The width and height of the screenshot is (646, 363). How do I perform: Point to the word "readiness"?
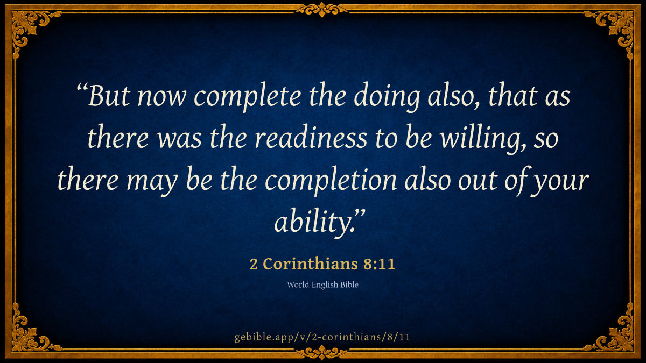click(311, 137)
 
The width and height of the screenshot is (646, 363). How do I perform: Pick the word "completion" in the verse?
click(331, 181)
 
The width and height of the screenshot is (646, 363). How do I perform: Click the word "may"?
click(152, 183)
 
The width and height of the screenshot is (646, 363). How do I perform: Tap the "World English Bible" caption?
click(322, 284)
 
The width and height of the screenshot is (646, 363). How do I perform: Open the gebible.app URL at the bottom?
click(322, 337)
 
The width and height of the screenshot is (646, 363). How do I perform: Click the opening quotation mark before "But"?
click(82, 87)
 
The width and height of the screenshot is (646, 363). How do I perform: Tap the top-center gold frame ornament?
click(322, 10)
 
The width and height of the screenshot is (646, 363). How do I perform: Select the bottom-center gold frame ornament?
click(322, 353)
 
